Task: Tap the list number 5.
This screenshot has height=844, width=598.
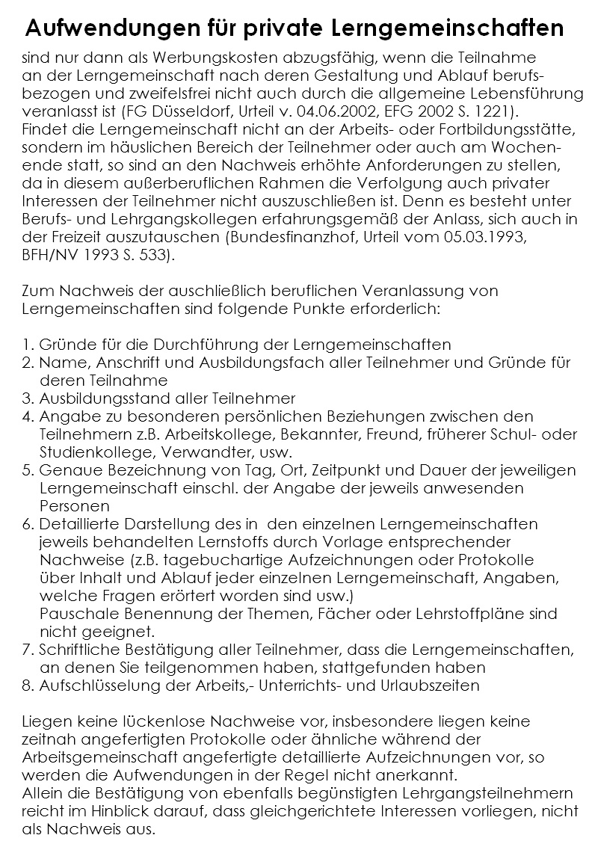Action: [28, 470]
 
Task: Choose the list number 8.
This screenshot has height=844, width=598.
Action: [28, 685]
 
